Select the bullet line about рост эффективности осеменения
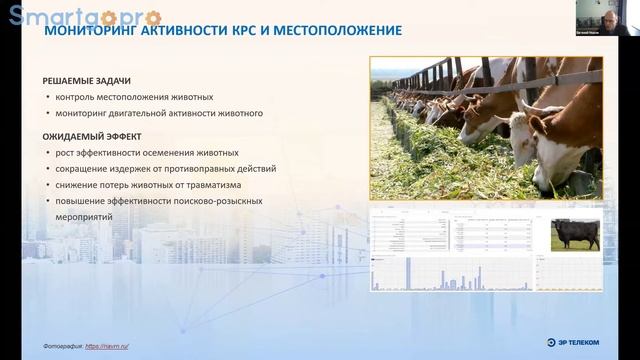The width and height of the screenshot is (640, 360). [x=147, y=153]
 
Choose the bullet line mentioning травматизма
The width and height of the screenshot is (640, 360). [x=148, y=185]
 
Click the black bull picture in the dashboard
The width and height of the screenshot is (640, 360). [x=575, y=234]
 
